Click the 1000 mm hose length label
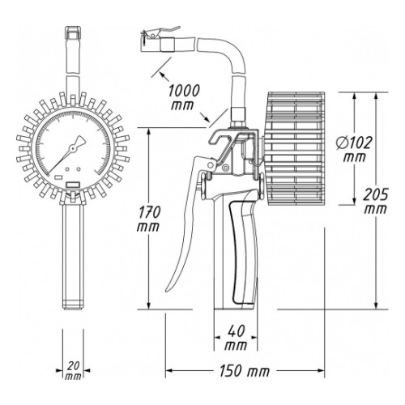(x=184, y=97)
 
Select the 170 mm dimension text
(x=148, y=219)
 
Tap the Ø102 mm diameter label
(x=354, y=149)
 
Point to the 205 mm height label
(x=375, y=201)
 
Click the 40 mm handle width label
(x=236, y=338)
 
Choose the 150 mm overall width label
(x=245, y=371)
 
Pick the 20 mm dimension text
(x=73, y=371)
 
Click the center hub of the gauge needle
(x=72, y=147)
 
